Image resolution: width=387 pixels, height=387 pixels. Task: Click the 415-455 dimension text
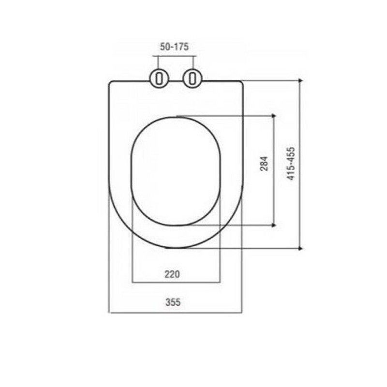tap(291, 164)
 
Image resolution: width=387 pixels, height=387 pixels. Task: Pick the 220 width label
tap(172, 274)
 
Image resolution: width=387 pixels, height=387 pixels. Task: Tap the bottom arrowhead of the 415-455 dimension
tap(300, 248)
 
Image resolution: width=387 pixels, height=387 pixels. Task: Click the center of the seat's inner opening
tap(176, 171)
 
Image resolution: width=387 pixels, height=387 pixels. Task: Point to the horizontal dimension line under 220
tap(176, 282)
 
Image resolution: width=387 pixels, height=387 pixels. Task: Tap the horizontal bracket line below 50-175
tap(174, 57)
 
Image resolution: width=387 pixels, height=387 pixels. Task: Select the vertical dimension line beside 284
tap(274, 193)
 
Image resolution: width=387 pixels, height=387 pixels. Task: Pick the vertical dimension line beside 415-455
tap(300, 203)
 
